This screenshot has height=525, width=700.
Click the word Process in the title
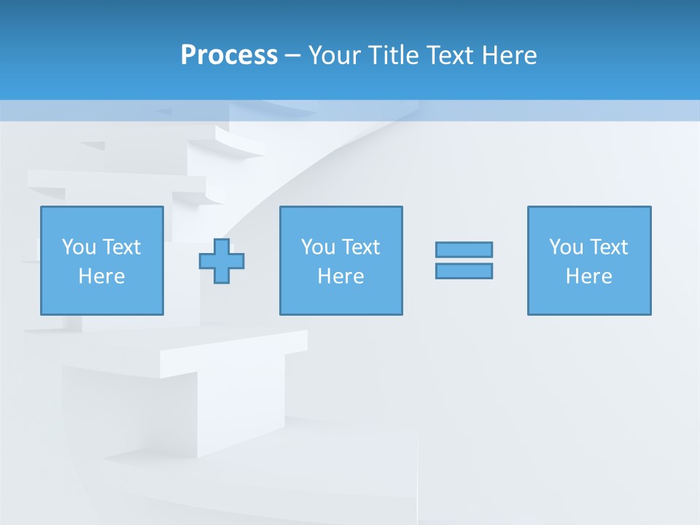[229, 55]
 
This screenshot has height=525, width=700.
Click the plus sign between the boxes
[222, 260]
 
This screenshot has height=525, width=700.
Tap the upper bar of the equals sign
[464, 249]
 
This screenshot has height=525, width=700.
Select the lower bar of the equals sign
[464, 271]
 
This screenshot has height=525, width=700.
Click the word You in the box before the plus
[79, 247]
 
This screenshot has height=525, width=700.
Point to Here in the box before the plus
[102, 276]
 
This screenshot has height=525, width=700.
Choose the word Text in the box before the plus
[121, 247]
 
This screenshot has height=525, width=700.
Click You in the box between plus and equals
[318, 247]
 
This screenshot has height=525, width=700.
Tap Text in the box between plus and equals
[360, 247]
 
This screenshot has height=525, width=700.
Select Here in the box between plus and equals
[341, 276]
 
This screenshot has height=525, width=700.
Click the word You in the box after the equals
[566, 247]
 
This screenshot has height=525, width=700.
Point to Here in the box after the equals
[589, 276]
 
